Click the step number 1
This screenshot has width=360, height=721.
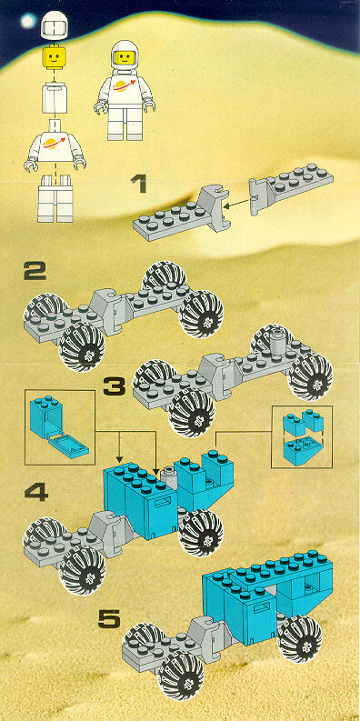[138, 185]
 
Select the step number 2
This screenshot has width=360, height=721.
[35, 271]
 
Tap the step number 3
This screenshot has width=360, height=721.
[115, 386]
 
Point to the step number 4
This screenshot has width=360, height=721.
[35, 494]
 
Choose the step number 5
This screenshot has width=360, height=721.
[109, 619]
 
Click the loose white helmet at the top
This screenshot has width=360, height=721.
[55, 25]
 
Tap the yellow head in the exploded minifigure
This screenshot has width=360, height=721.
[55, 58]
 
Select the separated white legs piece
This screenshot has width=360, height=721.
[55, 198]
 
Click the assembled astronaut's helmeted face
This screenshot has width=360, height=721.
[125, 57]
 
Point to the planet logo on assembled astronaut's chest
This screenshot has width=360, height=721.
[125, 85]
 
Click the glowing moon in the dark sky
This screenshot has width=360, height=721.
[28, 20]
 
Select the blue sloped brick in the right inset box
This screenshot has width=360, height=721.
[300, 452]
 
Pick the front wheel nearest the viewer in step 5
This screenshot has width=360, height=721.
[181, 676]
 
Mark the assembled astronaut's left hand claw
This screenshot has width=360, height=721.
[149, 105]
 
